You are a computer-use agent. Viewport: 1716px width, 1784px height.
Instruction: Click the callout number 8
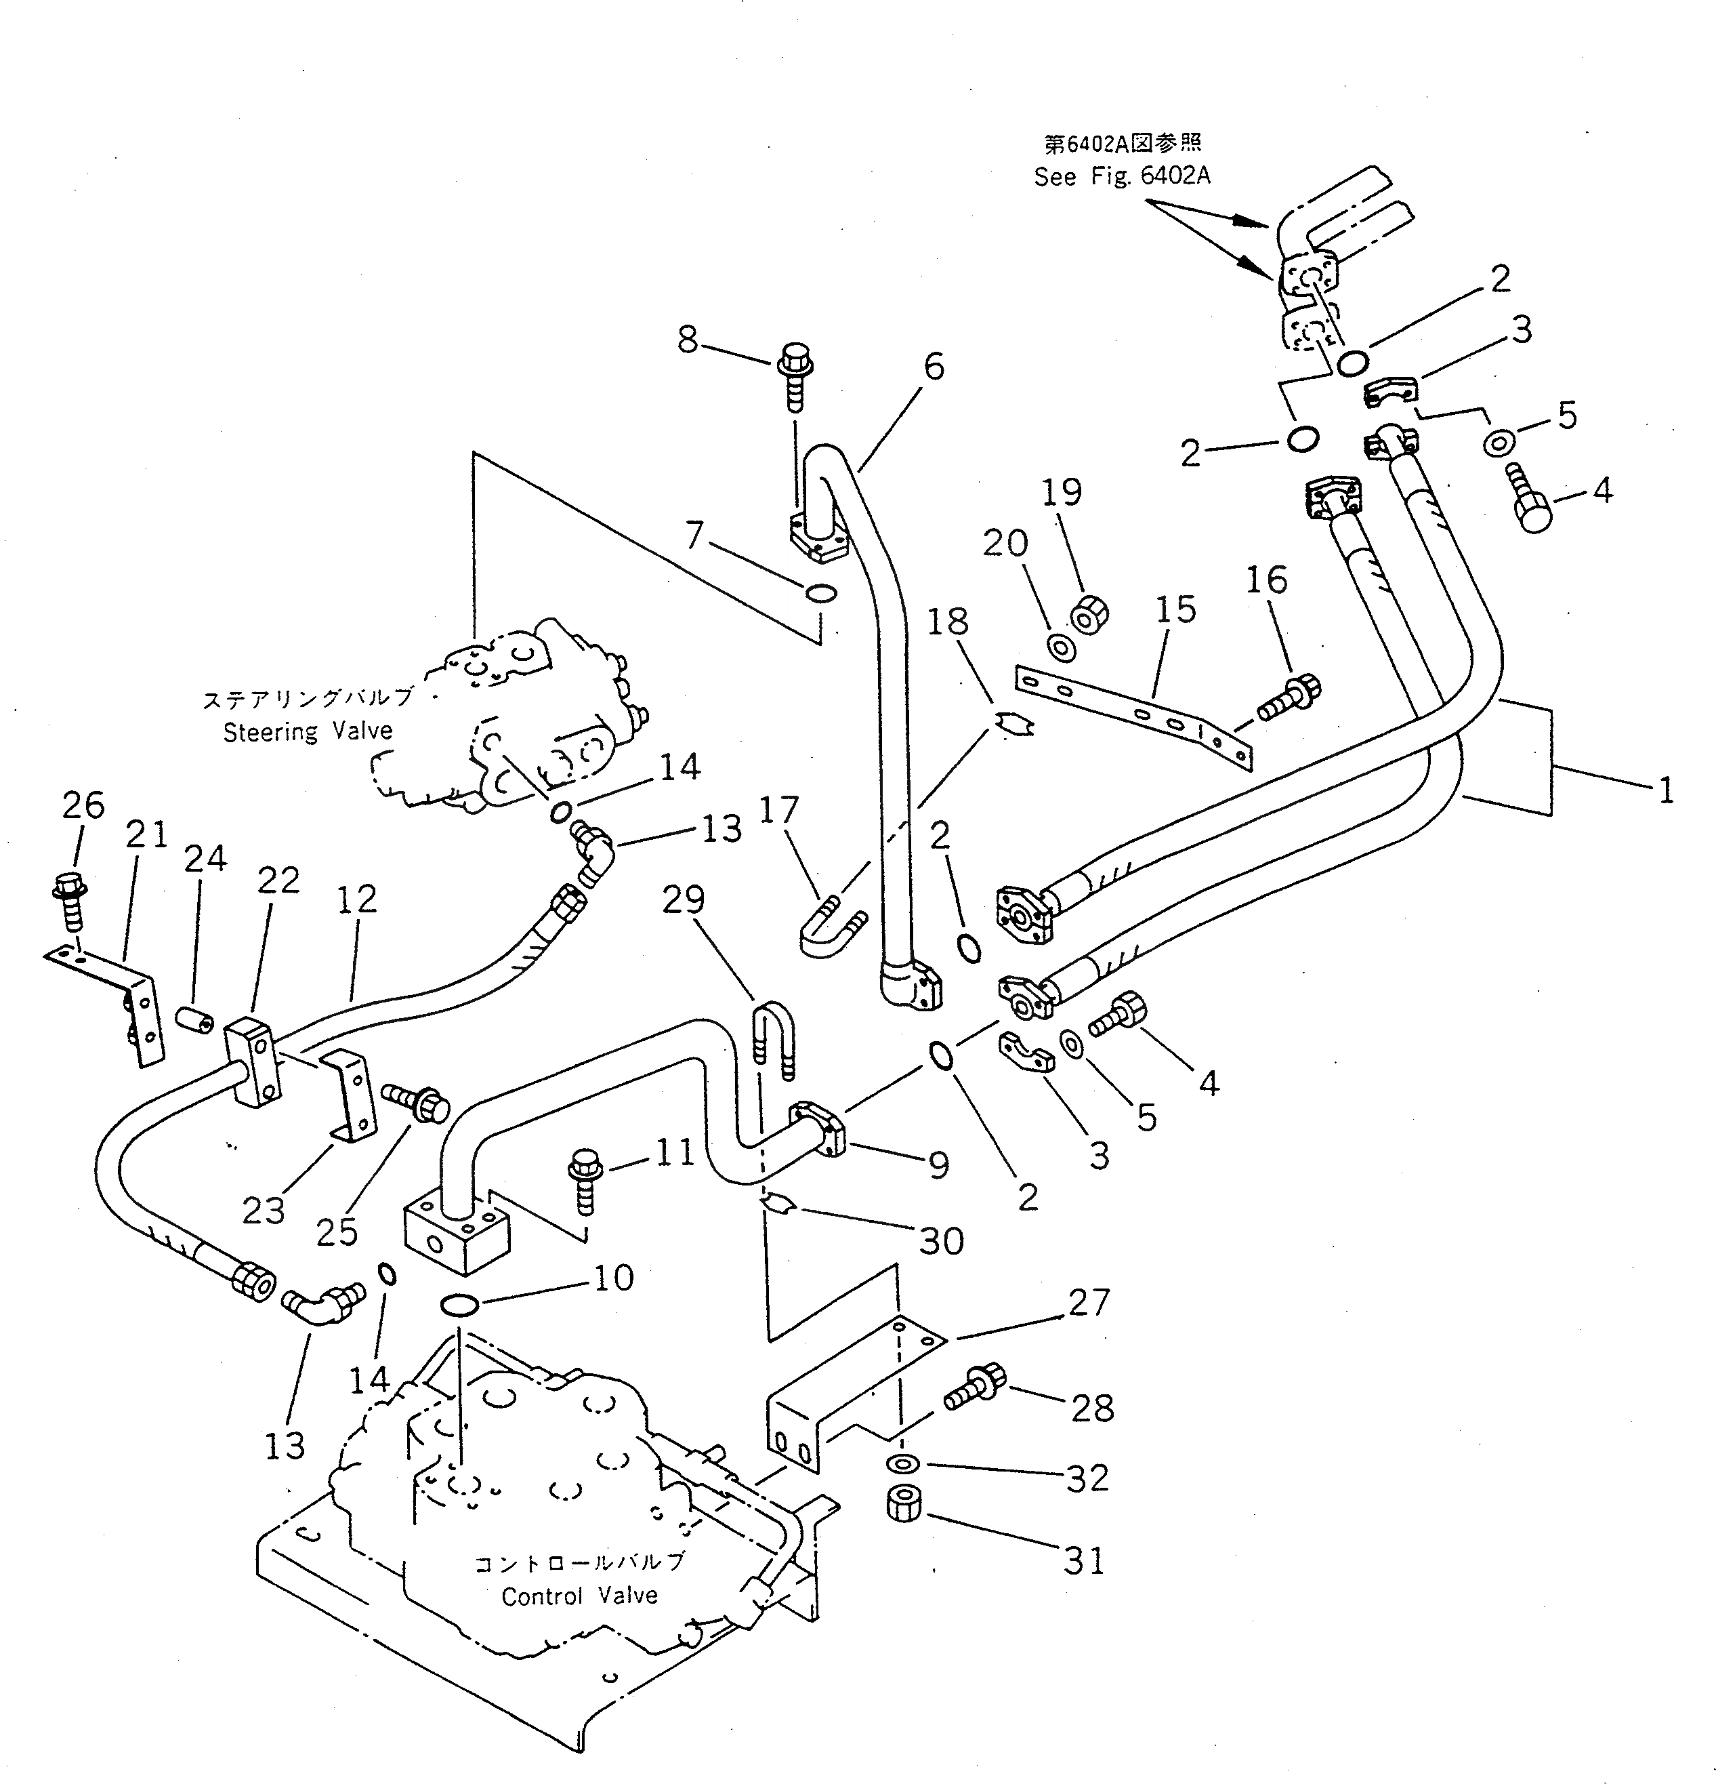tap(688, 340)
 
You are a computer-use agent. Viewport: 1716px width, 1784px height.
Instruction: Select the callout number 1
tap(1665, 790)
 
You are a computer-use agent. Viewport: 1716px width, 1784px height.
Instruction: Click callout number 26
tap(83, 805)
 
